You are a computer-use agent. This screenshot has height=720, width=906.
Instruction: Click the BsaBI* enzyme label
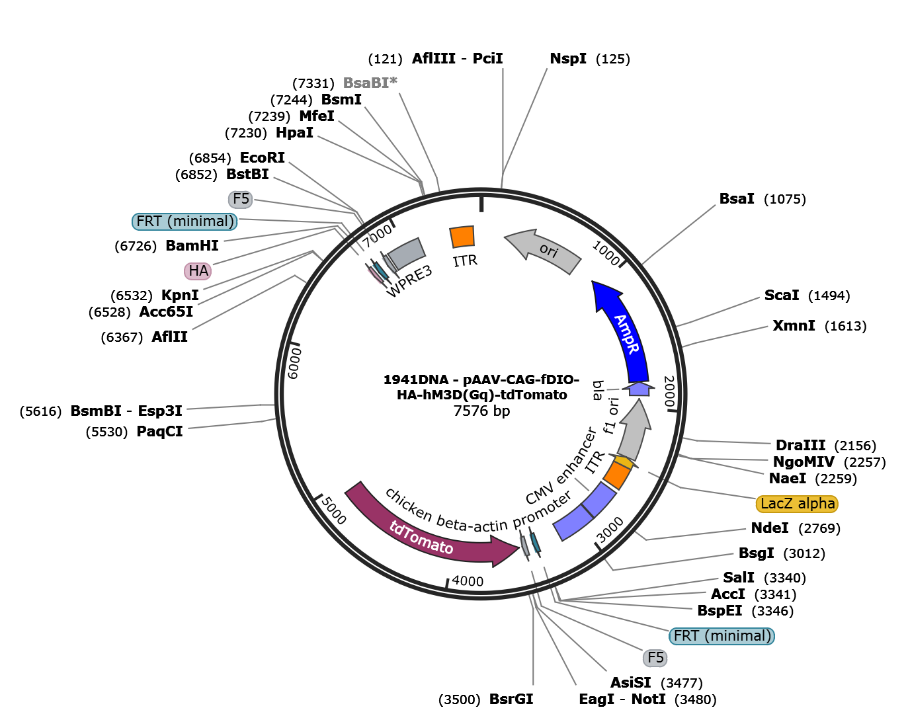pos(370,83)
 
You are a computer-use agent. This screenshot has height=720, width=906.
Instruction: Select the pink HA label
pos(198,271)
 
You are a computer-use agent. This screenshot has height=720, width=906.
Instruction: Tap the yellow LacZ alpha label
pos(797,504)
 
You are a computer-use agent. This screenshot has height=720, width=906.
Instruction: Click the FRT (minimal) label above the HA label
pos(185,221)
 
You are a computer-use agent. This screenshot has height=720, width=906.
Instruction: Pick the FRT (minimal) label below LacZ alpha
pos(721,636)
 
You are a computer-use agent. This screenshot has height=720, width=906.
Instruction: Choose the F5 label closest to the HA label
pos(241,199)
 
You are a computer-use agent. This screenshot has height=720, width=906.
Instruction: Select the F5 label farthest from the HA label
pos(655,658)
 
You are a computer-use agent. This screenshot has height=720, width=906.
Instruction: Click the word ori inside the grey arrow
pos(548,251)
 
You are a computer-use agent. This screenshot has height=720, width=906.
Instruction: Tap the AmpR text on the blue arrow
pos(627,334)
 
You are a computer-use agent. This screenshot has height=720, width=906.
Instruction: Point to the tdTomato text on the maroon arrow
pos(421,537)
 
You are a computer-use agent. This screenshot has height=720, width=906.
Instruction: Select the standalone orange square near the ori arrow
pos(462,236)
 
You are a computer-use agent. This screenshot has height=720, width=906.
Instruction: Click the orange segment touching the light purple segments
pos(617,475)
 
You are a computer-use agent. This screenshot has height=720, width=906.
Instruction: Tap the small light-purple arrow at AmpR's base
pos(639,389)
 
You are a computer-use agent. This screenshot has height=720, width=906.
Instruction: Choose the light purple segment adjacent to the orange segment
pos(598,499)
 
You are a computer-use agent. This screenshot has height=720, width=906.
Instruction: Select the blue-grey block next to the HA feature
pos(405,253)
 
